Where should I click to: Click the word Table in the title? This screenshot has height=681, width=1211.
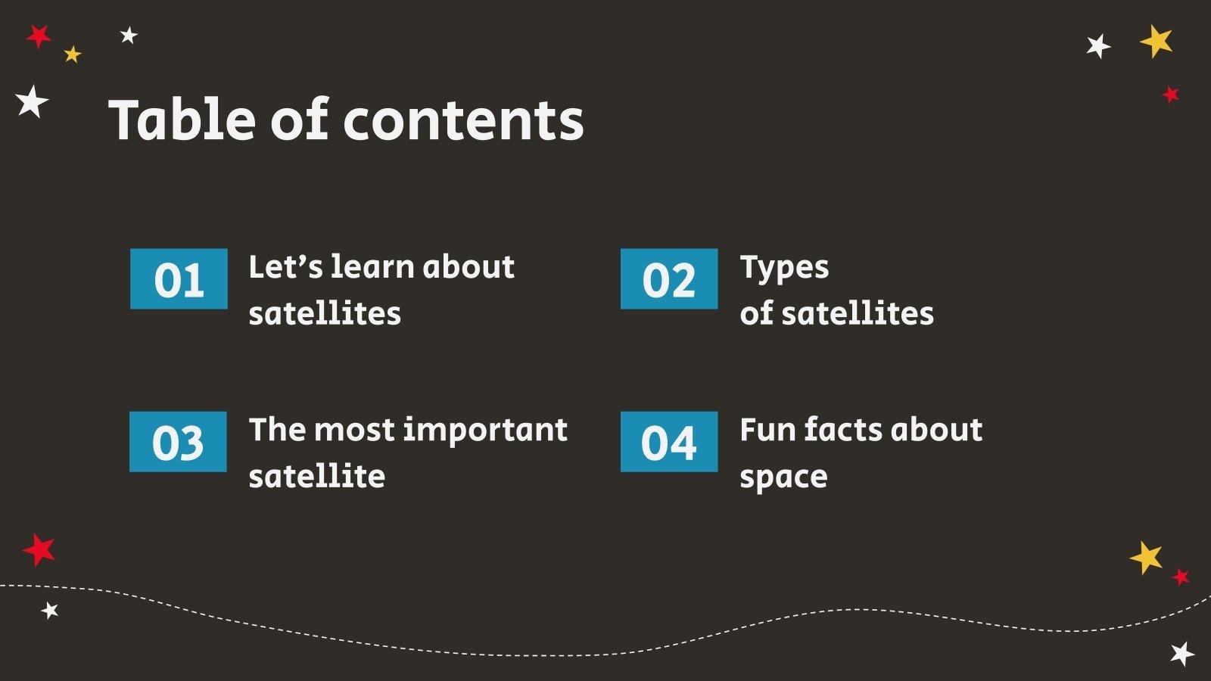(x=182, y=120)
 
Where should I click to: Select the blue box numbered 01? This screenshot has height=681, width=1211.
(x=179, y=278)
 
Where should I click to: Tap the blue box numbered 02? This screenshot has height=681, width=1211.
(x=669, y=278)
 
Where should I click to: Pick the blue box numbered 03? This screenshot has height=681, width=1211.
(x=178, y=442)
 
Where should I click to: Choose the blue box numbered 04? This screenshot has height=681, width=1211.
(x=669, y=442)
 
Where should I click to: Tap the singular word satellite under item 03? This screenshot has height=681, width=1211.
(x=316, y=477)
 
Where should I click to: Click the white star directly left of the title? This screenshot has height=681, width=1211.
(x=32, y=101)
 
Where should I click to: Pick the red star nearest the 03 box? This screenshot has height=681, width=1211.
(x=39, y=549)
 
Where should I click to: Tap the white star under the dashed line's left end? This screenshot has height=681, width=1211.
(x=50, y=610)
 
